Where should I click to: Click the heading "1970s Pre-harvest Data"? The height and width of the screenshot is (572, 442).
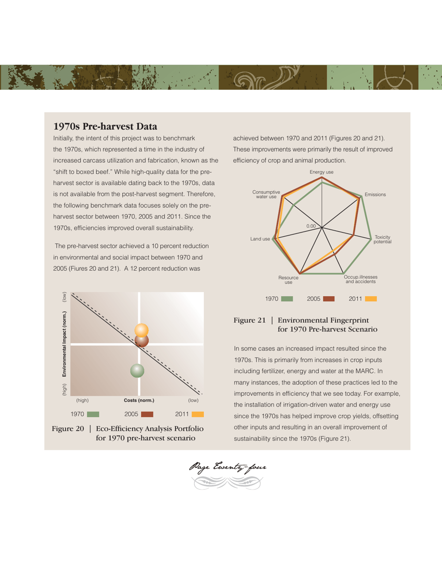(106, 126)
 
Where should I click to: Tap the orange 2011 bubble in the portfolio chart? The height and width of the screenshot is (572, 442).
(141, 330)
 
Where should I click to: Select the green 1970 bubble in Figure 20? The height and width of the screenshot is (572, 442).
(137, 370)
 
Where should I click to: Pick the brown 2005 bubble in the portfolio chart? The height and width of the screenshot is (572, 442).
(141, 340)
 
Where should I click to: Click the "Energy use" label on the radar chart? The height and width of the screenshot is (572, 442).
(321, 172)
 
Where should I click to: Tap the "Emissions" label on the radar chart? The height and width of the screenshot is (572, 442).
(375, 194)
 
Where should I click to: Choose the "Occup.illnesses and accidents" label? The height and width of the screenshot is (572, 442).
(361, 279)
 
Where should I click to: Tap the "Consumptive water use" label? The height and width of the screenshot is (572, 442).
(266, 194)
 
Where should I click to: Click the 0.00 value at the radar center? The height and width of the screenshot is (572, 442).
(311, 226)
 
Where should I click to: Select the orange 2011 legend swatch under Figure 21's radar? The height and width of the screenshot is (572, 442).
(371, 299)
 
